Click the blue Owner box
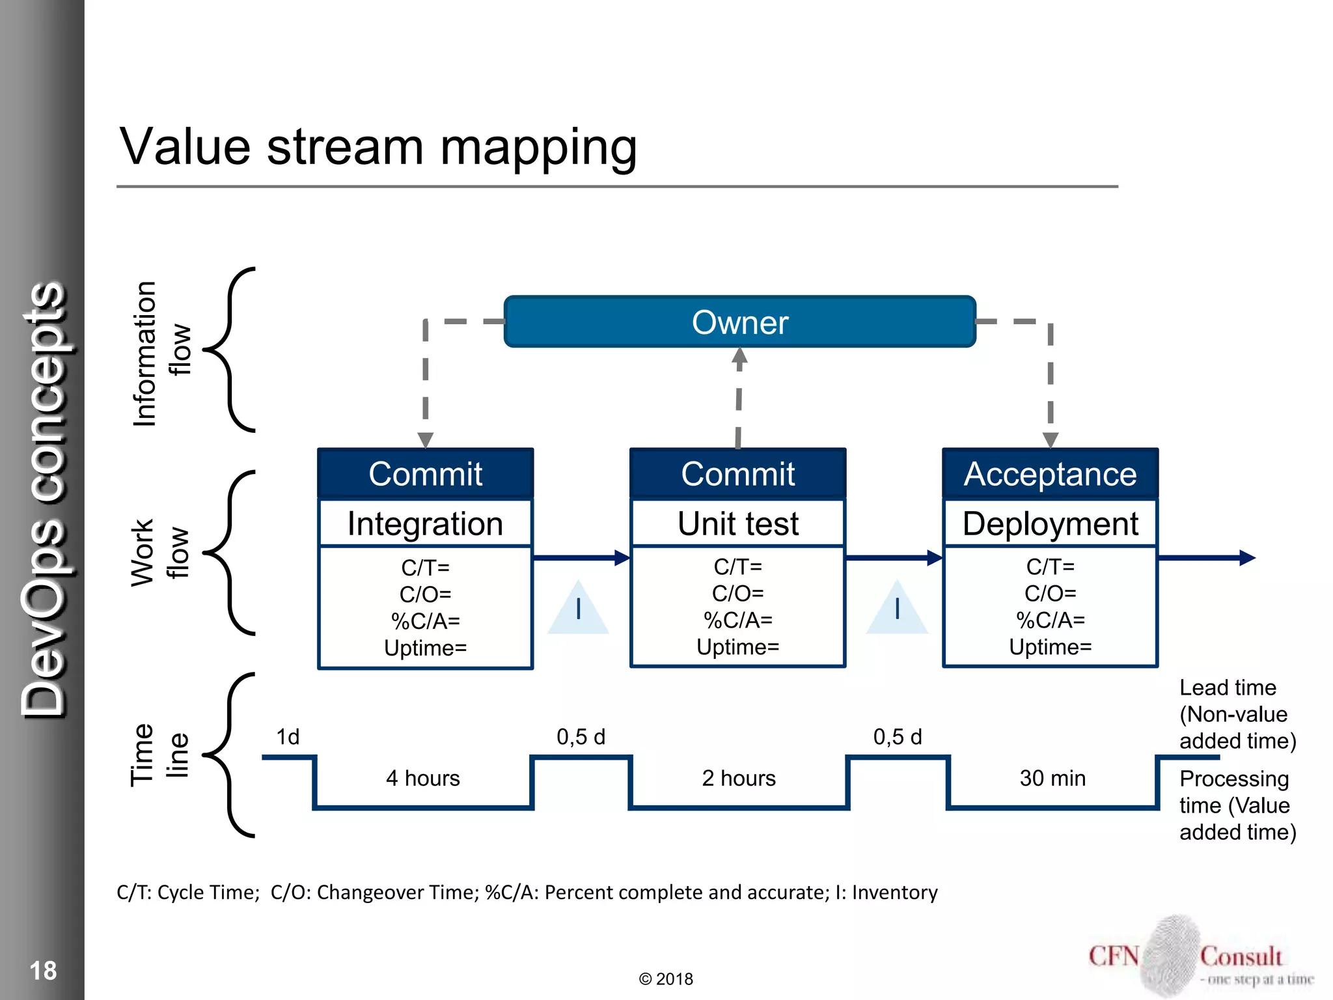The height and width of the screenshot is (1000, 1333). point(739,322)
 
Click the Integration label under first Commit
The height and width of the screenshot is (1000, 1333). point(425,524)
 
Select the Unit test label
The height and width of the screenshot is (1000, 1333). point(737,524)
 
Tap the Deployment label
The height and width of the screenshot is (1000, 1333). point(1050,524)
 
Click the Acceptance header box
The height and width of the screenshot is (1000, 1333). point(1050,474)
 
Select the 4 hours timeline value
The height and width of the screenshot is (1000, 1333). point(422,778)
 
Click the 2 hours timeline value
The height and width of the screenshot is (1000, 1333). point(739,778)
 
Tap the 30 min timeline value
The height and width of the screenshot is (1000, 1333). point(1052,778)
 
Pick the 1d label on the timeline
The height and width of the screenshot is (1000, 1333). point(288,737)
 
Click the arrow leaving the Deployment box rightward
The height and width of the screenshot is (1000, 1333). point(1207,558)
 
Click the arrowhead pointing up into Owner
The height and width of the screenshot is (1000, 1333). point(739,356)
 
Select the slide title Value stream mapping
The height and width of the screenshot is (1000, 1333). point(378,147)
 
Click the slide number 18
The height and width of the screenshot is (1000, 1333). point(43,971)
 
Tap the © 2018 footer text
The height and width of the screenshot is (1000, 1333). point(666,979)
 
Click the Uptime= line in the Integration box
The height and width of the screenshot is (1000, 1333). point(425,648)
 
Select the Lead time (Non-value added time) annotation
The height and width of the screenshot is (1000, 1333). point(1237,714)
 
